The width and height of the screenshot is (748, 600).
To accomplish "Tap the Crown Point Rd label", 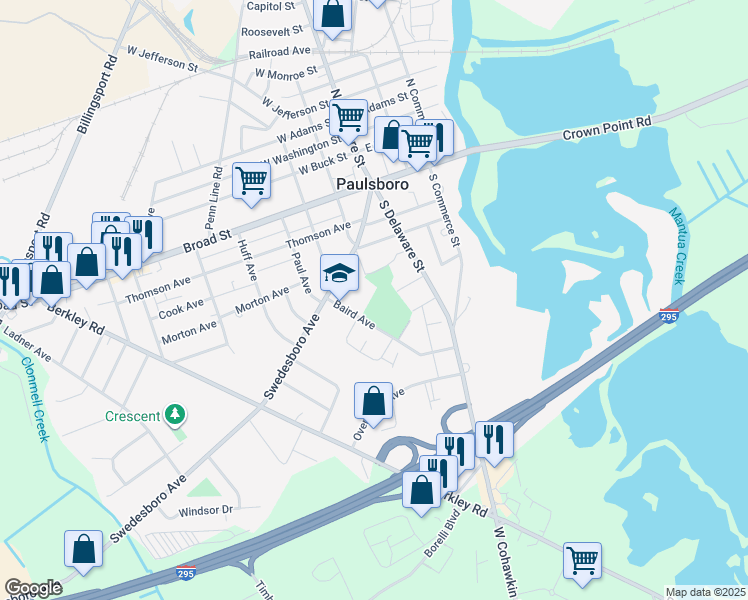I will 606,128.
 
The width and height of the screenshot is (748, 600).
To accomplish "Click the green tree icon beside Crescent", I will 176,413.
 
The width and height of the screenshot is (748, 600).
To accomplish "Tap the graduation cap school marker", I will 339,271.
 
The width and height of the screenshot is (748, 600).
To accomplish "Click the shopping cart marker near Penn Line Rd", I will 251,181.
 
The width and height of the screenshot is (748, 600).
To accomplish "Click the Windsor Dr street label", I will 205,511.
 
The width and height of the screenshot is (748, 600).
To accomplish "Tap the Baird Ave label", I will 354,317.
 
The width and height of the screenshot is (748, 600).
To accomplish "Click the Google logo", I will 33,588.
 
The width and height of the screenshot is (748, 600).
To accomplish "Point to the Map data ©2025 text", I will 705,592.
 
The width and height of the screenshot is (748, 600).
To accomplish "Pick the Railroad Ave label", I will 281,52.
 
